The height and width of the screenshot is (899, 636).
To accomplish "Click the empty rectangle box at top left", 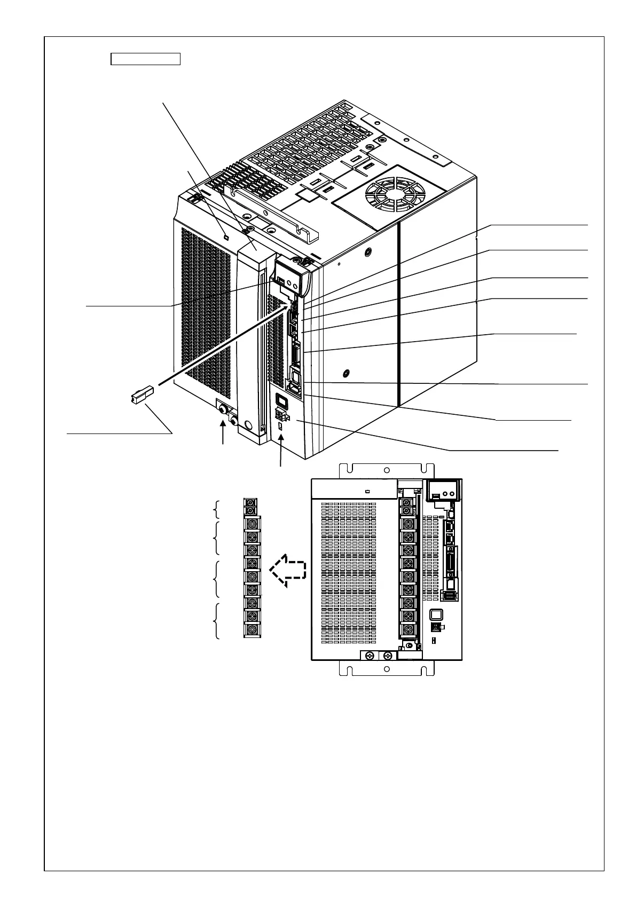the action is (x=145, y=59).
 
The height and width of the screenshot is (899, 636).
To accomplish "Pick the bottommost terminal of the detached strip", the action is (x=252, y=629).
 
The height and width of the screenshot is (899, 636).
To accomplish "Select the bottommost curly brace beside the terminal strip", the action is (x=217, y=621).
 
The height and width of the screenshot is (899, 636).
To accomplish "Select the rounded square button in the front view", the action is (x=436, y=615).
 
